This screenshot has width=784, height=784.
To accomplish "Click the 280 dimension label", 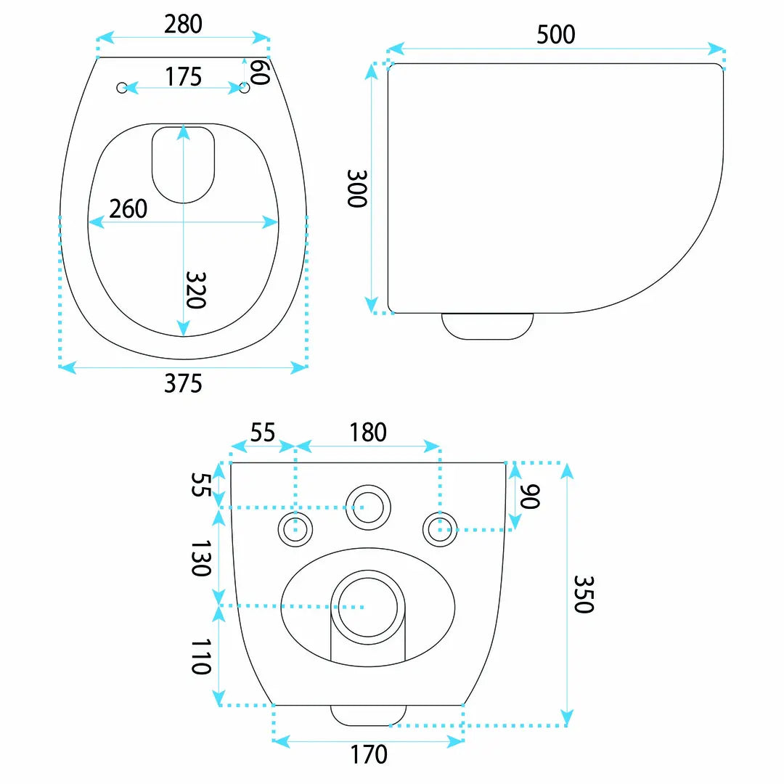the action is pos(183,24).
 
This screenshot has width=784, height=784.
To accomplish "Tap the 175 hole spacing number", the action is pos(183,77).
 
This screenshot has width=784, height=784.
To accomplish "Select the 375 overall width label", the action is pos(183,383).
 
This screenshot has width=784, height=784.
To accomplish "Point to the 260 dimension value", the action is pos(128,208).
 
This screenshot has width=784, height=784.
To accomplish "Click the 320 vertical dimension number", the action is pos(195,290).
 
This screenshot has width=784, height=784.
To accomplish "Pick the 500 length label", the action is pos(555,35).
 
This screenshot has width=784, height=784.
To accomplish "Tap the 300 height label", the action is pos(357,189).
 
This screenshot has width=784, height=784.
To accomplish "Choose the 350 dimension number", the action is pos(584,594).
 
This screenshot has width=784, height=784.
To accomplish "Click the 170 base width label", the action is pos(369,754).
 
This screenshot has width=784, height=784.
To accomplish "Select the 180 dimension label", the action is pos(368,433).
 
